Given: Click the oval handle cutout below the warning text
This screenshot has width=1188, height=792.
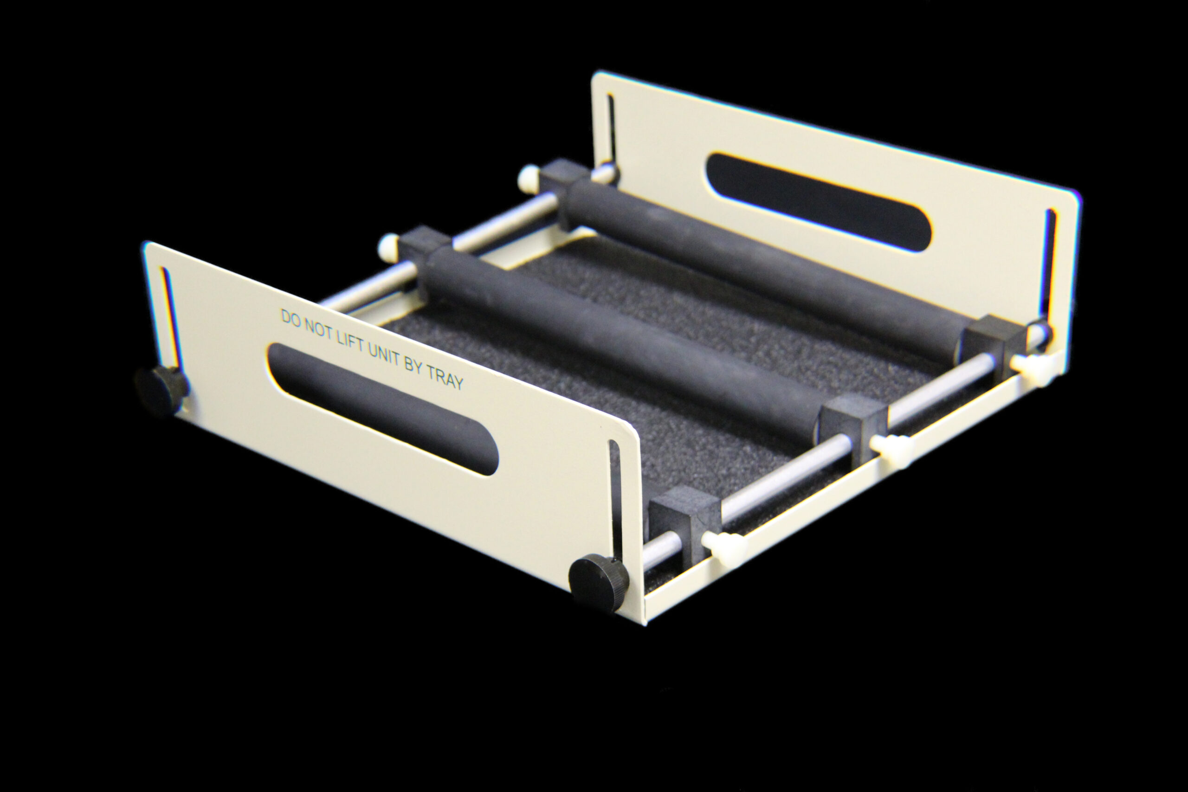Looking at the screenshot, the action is [x=383, y=409].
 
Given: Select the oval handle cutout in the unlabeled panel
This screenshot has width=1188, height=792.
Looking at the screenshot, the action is [x=818, y=202].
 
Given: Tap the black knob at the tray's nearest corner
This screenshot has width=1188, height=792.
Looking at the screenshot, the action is [x=599, y=583].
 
